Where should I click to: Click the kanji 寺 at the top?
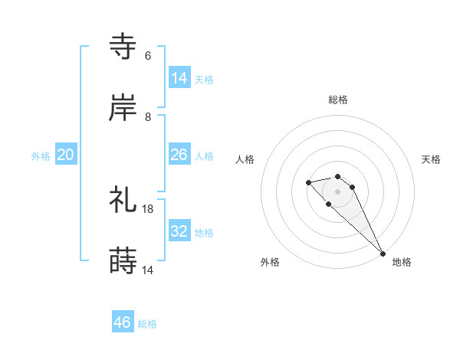tap(123, 47)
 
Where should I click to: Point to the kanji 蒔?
tap(123, 261)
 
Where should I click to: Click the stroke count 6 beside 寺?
tap(148, 56)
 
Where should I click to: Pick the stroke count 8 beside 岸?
tap(148, 117)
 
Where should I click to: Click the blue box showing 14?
tap(179, 78)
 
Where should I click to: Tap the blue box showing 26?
tap(179, 155)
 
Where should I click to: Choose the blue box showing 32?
tap(179, 231)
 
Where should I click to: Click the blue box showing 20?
tap(66, 155)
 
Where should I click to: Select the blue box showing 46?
tap(123, 322)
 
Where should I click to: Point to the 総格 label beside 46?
tap(147, 324)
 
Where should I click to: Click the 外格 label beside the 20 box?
tap(41, 156)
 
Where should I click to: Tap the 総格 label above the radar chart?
tap(338, 100)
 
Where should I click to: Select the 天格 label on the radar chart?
tap(431, 159)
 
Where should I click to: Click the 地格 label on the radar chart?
tap(402, 262)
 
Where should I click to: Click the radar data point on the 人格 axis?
tap(308, 182)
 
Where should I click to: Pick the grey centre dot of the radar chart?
tap(337, 191)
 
